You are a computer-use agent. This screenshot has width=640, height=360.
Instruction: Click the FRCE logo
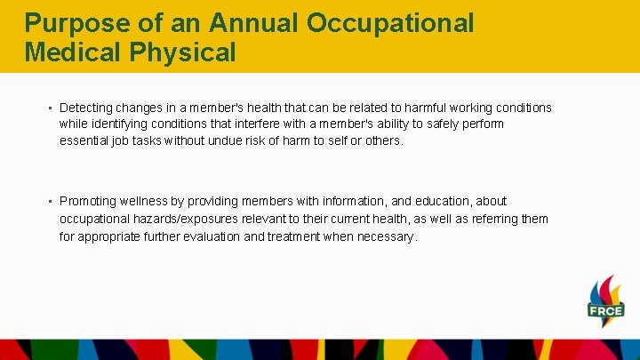[605, 302]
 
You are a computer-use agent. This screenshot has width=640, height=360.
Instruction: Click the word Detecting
[88, 108]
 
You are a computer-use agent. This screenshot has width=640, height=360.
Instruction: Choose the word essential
[85, 140]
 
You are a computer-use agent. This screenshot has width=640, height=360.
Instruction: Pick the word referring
[495, 219]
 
